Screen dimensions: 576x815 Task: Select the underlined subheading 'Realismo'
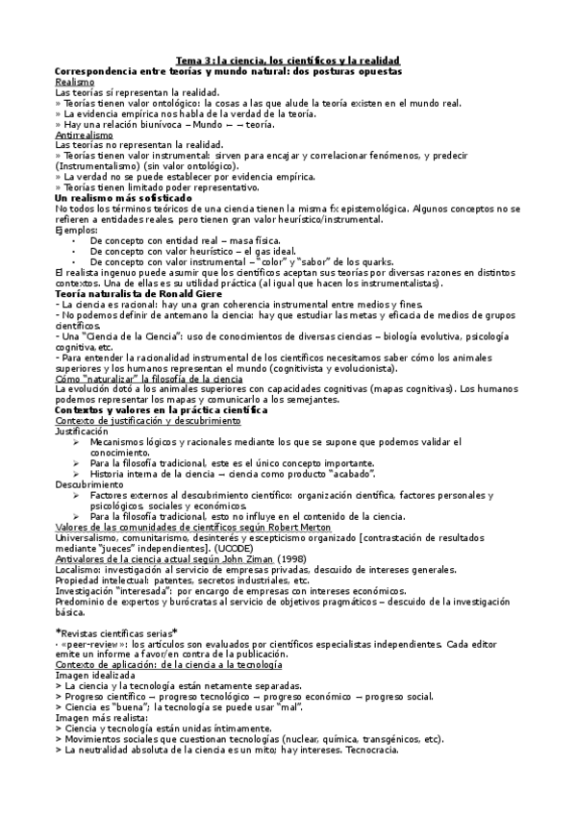(74, 82)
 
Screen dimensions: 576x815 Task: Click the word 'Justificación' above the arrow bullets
(84, 432)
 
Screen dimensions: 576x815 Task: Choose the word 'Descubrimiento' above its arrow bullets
(89, 483)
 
